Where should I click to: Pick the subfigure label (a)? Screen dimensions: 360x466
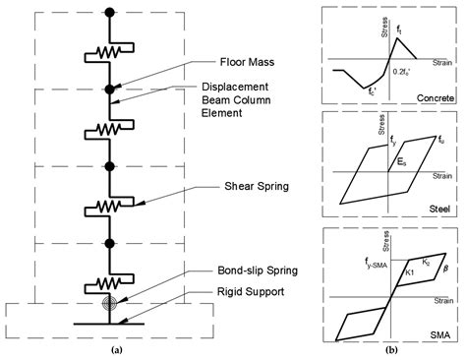[x=116, y=349]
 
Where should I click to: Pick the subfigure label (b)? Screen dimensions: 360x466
[x=392, y=349]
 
